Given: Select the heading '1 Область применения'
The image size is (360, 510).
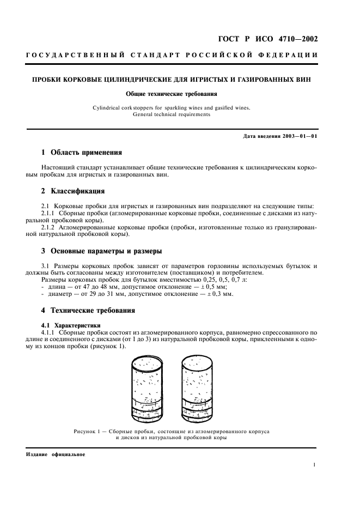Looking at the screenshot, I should [x=82, y=152].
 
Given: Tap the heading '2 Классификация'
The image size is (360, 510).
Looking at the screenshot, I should [x=74, y=191].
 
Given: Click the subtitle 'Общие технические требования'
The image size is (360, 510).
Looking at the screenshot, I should [x=172, y=94].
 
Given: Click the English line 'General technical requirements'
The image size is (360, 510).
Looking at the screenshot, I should [x=172, y=115].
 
